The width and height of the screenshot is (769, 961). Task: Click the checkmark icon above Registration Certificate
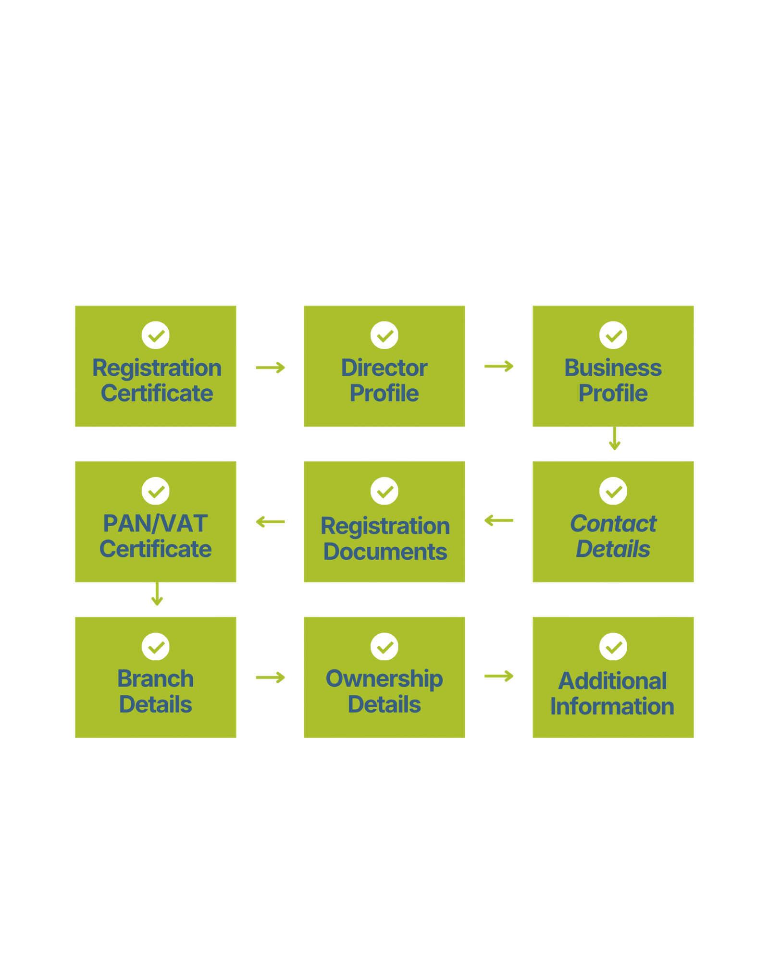[156, 335]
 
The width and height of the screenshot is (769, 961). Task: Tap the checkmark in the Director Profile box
[384, 335]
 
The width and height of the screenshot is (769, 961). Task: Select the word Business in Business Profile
[613, 368]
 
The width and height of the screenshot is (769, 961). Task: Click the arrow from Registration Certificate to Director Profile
[270, 368]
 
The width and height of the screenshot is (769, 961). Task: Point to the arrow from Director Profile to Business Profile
[499, 367]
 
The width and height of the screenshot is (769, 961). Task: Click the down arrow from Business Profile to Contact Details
[615, 439]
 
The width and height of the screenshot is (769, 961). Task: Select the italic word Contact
[613, 524]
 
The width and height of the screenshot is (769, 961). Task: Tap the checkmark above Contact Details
[613, 491]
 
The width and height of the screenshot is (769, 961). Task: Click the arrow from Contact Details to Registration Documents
[499, 520]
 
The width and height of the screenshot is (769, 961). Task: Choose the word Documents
[385, 552]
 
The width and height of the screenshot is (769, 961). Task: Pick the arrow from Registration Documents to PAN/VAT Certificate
[270, 521]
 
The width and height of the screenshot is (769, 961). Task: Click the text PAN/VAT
[155, 524]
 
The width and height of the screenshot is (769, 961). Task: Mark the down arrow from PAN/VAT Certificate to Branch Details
[157, 595]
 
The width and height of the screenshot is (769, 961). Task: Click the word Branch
[155, 679]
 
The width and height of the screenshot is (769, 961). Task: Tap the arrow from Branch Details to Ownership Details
[270, 678]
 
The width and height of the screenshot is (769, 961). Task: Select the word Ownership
[384, 679]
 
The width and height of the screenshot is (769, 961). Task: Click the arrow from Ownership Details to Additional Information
[499, 677]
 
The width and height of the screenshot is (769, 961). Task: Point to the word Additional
[612, 681]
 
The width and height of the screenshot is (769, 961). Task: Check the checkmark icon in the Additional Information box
[613, 646]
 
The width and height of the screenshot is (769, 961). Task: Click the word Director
[384, 368]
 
